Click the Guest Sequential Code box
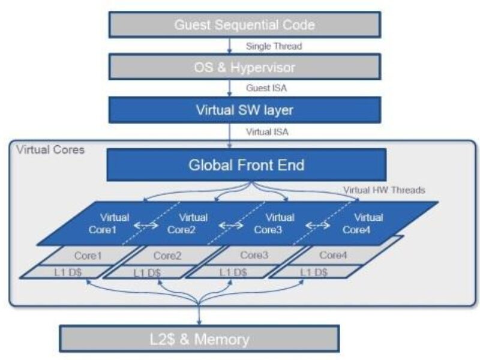click(x=244, y=25)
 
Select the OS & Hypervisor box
click(x=244, y=67)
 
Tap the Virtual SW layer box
click(x=244, y=110)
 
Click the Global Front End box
click(x=246, y=164)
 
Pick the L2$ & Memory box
click(x=199, y=338)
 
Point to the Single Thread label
click(x=274, y=46)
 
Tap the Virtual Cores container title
click(x=50, y=149)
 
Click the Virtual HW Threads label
click(x=384, y=190)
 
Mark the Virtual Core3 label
click(x=279, y=223)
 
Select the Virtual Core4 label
click(x=368, y=223)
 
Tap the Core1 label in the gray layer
click(x=89, y=255)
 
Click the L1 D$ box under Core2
click(x=146, y=272)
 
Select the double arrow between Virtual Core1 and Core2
click(x=146, y=226)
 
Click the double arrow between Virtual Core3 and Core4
click(x=318, y=226)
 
